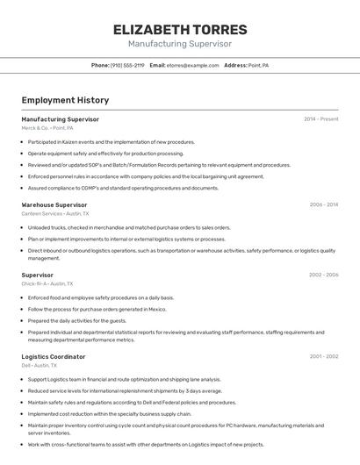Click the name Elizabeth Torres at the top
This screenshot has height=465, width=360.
(x=180, y=30)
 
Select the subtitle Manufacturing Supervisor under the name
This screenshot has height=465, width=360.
(x=180, y=44)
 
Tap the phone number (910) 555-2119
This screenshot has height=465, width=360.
(x=127, y=66)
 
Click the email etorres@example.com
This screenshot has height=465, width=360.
(x=192, y=66)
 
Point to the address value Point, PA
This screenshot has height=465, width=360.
(x=258, y=66)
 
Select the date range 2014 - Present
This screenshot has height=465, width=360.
(x=320, y=119)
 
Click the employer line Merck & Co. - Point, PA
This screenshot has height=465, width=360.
(x=47, y=128)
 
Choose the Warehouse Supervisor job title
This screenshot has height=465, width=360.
(x=54, y=204)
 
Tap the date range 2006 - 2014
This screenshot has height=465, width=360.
(x=323, y=204)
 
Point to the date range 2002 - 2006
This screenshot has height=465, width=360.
(x=323, y=275)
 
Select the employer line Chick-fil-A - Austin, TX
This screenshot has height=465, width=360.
(x=47, y=283)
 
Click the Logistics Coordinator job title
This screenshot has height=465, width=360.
(x=54, y=357)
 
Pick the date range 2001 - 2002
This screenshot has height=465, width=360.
(x=323, y=357)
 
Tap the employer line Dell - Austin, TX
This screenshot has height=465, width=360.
(x=40, y=366)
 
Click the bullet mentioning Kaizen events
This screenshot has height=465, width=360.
(x=111, y=141)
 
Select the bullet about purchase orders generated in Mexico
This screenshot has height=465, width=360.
(x=97, y=309)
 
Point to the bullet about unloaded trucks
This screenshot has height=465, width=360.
(x=128, y=227)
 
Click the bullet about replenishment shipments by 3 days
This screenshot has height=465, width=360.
(x=125, y=390)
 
